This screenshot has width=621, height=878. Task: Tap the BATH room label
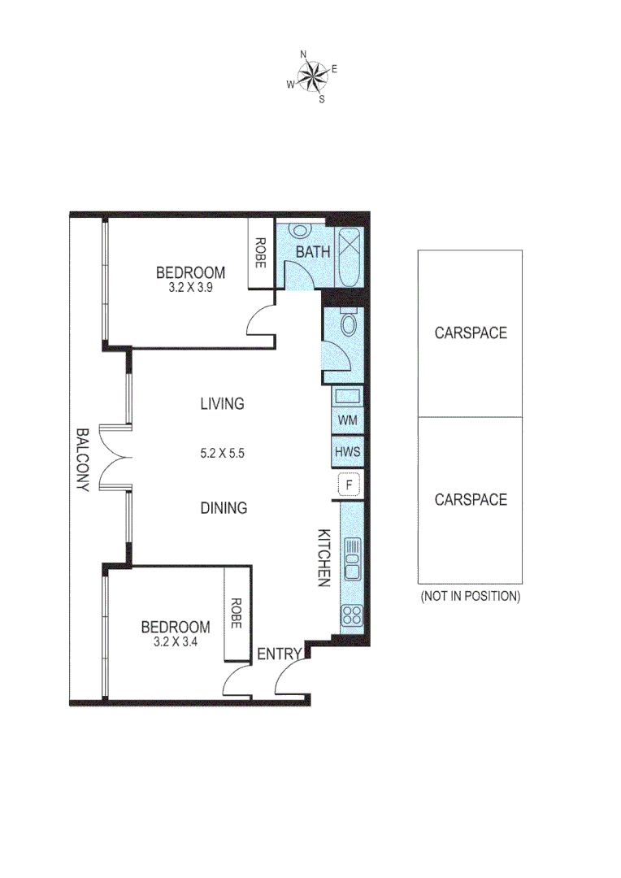tap(312, 252)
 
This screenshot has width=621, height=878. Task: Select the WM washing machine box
tap(347, 421)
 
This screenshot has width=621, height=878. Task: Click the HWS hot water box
tap(347, 453)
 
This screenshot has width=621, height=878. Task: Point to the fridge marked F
tap(350, 485)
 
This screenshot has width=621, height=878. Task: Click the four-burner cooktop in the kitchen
tap(352, 615)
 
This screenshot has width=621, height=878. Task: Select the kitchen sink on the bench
tap(352, 559)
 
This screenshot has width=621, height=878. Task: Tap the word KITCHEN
tap(323, 558)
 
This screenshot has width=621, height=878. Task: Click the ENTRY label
tap(280, 654)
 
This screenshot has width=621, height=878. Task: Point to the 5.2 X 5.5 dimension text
tap(222, 454)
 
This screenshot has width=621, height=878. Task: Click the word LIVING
tap(222, 403)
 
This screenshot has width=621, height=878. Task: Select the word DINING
tap(224, 508)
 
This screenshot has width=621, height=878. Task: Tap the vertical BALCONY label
tap(82, 460)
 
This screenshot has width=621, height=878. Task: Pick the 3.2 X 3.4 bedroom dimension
tap(176, 641)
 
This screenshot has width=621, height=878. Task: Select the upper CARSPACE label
tap(470, 333)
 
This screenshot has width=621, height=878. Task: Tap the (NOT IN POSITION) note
tap(470, 596)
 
